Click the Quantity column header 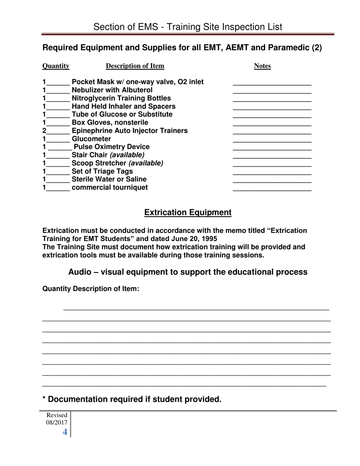tap(56, 66)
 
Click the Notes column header tap(262, 66)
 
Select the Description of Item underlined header tap(135, 66)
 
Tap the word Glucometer tap(91, 139)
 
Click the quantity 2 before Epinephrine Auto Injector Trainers tap(45, 131)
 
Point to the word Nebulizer tap(88, 90)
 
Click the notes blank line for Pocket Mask tap(272, 83)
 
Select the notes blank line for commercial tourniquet tap(272, 189)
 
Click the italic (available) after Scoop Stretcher tap(146, 163)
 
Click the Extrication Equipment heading tap(188, 213)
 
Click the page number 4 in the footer tap(65, 432)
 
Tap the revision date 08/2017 tap(57, 422)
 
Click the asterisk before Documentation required tap(44, 399)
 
